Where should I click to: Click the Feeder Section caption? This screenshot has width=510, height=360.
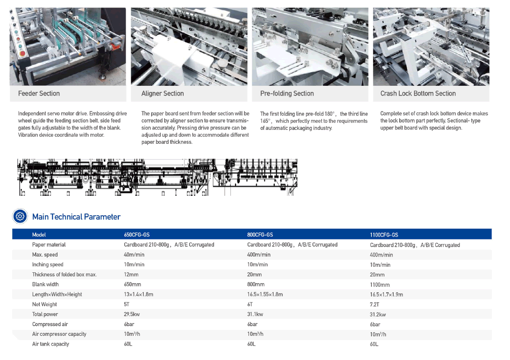click(39, 93)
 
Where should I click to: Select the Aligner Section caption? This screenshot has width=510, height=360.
click(163, 93)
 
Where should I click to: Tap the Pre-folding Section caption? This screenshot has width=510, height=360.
click(287, 93)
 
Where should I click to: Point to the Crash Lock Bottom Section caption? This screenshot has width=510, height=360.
click(418, 93)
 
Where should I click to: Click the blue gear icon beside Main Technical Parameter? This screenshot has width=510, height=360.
click(20, 216)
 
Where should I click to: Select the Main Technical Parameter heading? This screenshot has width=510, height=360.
click(76, 217)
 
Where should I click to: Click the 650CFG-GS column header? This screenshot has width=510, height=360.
click(137, 235)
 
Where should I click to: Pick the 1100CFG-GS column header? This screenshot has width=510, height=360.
click(384, 235)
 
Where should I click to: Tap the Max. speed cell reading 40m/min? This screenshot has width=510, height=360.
click(134, 255)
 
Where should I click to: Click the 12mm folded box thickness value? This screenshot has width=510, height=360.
click(131, 274)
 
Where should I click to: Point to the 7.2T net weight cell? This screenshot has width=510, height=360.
click(374, 304)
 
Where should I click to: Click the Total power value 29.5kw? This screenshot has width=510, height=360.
click(132, 314)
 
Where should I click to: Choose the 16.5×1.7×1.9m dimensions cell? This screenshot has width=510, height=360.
click(386, 294)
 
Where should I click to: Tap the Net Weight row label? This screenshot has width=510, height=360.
click(44, 304)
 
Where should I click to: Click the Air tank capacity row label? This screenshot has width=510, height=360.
click(51, 344)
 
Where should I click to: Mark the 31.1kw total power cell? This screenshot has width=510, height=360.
click(255, 314)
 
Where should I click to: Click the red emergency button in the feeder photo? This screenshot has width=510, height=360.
click(22, 53)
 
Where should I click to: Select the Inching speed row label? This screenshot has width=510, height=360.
click(47, 264)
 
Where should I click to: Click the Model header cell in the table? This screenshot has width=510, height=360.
click(38, 235)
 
